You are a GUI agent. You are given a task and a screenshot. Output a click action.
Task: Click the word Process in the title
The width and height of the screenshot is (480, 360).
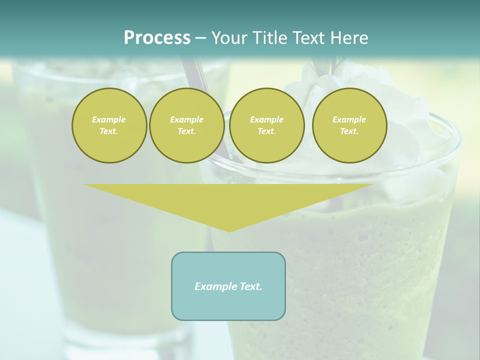point(157,38)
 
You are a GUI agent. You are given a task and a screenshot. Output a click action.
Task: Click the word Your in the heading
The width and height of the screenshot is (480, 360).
point(230,38)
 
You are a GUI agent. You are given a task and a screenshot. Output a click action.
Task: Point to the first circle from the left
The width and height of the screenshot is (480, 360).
point(109,125)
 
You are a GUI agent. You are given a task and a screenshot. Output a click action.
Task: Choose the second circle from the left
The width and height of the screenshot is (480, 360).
point(186,125)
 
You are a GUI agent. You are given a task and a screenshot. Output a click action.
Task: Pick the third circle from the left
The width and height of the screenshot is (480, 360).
point(266,125)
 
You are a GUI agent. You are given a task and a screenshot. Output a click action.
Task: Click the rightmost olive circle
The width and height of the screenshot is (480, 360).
point(349,125)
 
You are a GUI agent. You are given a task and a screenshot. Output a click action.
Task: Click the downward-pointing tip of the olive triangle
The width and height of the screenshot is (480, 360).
point(229,230)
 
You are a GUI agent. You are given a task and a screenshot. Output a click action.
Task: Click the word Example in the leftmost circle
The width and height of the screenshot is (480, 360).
point(109,119)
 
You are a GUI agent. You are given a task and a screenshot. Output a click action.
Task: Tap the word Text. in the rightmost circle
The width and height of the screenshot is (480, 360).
point(349,131)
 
